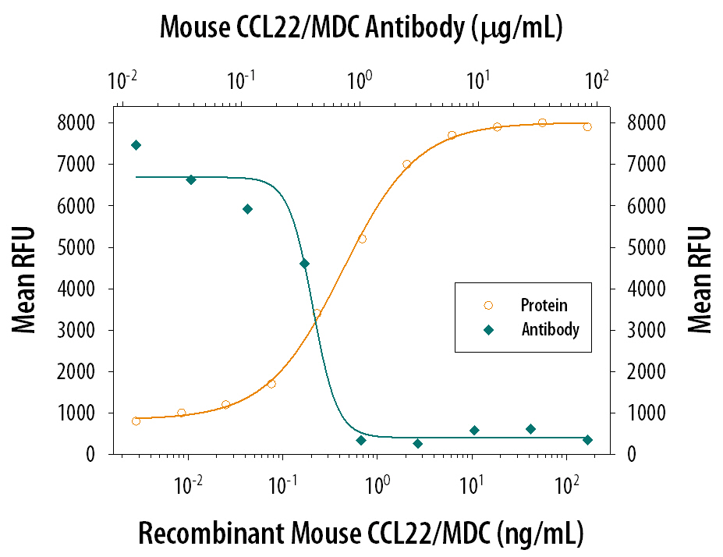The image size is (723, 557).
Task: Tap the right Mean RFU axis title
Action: (700, 280)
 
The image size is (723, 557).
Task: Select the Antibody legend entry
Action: (550, 329)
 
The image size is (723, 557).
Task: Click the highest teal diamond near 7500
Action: (136, 145)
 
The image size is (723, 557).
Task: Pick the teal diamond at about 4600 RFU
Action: (304, 264)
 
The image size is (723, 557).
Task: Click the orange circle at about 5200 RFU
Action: (362, 239)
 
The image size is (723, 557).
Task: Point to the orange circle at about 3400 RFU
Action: (317, 314)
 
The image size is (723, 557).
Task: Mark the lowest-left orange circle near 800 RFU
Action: (136, 420)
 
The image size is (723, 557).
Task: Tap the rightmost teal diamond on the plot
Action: (587, 440)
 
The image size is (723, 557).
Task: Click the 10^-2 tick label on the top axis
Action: (123, 80)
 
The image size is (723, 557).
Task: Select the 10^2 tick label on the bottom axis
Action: (568, 486)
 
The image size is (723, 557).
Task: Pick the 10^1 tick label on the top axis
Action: (478, 80)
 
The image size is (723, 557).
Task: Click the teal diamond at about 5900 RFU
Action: (247, 209)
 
